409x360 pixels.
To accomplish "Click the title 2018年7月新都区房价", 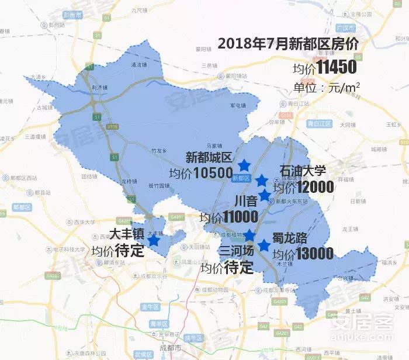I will click(x=288, y=44).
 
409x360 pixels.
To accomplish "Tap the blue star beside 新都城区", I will click(x=244, y=166).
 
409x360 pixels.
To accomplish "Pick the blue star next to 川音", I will click(x=265, y=195).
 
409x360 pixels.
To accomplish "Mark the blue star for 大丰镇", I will click(x=154, y=240).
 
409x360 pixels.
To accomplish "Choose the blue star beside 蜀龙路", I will click(x=264, y=245).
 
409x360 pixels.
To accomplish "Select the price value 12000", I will click(x=315, y=187).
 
